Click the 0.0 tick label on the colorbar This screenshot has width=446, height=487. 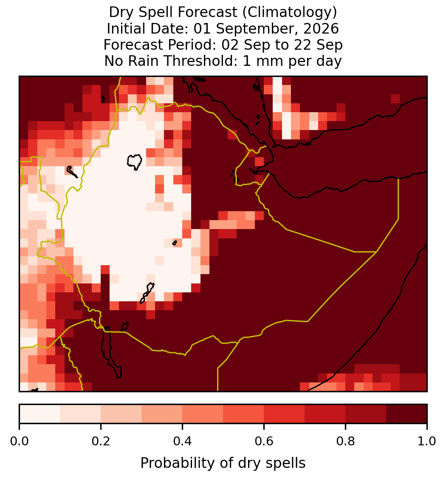(x=19, y=441)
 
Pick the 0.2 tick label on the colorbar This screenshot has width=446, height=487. (x=101, y=441)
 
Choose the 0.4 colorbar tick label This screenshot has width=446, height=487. (x=183, y=441)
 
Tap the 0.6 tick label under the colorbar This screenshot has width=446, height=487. (x=264, y=441)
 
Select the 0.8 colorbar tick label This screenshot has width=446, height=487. (x=345, y=441)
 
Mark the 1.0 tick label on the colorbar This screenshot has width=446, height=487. (x=427, y=441)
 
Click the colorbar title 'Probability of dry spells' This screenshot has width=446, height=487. (x=223, y=463)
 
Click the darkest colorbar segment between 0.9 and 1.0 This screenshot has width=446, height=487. (x=406, y=414)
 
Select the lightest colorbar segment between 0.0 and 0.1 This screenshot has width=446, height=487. (x=40, y=414)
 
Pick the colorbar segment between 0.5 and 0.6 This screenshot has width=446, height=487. (x=243, y=414)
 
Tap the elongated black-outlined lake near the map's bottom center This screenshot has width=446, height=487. (x=147, y=292)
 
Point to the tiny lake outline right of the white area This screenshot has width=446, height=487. (x=175, y=243)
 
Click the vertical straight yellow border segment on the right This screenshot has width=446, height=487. (x=398, y=199)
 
